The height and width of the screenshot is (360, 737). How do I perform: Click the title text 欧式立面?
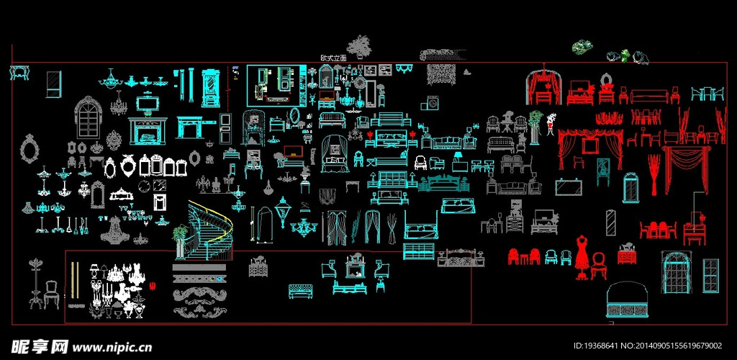pos(334,57)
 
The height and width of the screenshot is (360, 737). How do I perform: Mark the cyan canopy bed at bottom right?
pos(628,301)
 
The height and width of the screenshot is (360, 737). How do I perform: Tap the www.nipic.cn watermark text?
pos(112,347)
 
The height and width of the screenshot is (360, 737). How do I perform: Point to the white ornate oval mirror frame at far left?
pos(30,149)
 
